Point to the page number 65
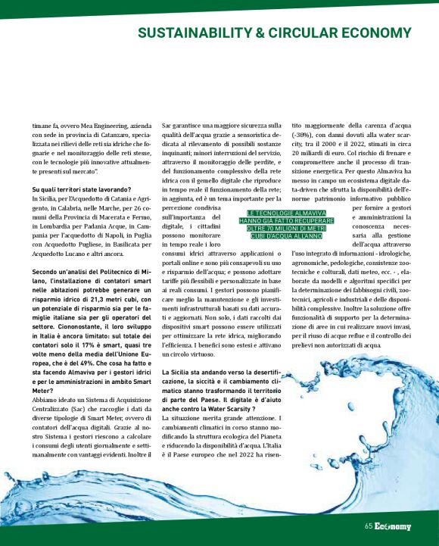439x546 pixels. click(369, 526)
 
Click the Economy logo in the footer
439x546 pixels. click(394, 526)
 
